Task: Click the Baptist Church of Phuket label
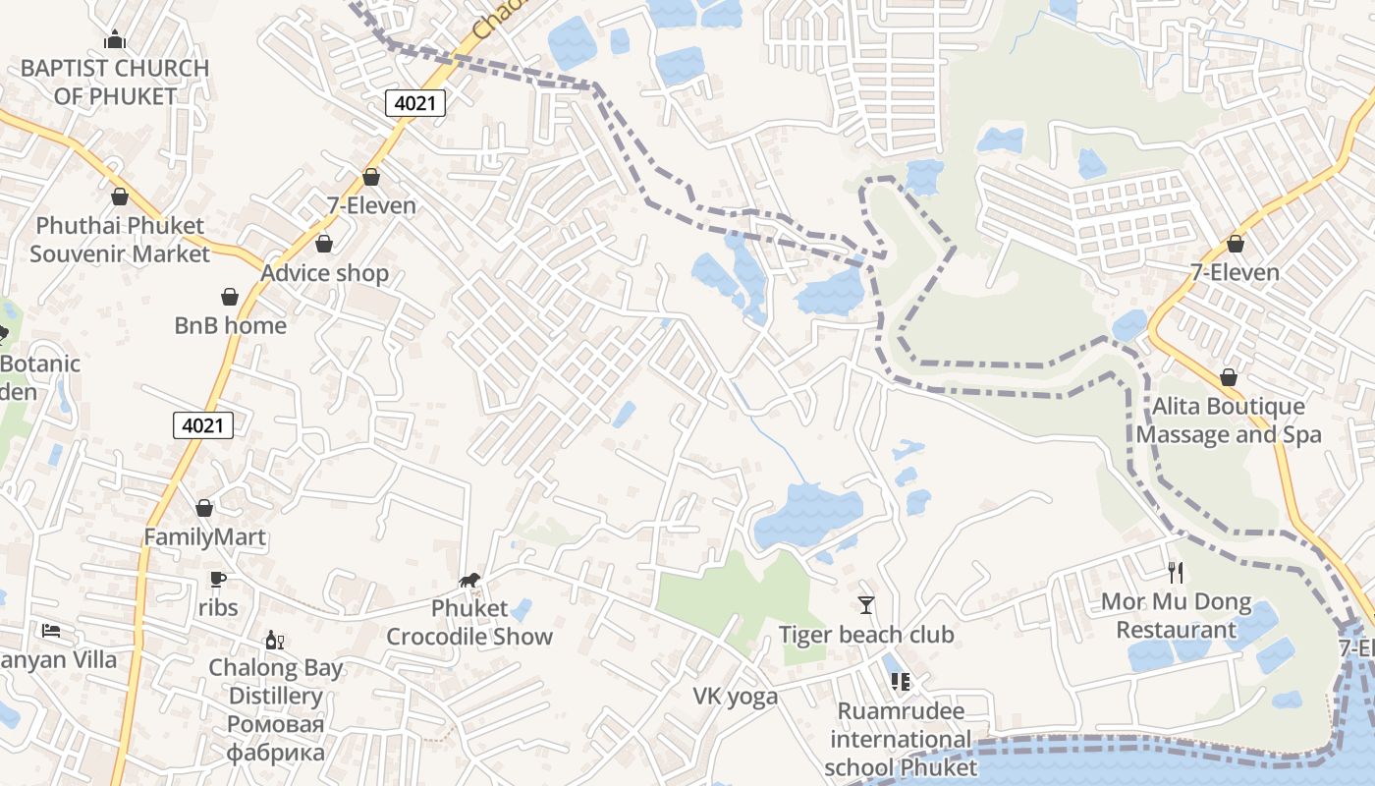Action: pyautogui.click(x=115, y=83)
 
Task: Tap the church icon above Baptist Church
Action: pyautogui.click(x=115, y=40)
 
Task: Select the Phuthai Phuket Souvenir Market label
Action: pyautogui.click(x=120, y=240)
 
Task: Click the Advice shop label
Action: pyautogui.click(x=324, y=273)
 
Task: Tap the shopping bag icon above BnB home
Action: pyautogui.click(x=230, y=297)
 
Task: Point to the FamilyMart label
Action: pyautogui.click(x=204, y=537)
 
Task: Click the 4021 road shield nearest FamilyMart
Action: pyautogui.click(x=203, y=425)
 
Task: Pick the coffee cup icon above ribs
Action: pyautogui.click(x=218, y=580)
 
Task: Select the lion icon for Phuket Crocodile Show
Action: pyautogui.click(x=470, y=582)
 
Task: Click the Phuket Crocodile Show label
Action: pyautogui.click(x=469, y=623)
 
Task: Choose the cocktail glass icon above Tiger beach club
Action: pyautogui.click(x=865, y=604)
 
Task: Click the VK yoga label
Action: pyautogui.click(x=736, y=697)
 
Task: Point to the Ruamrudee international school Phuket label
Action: pyautogui.click(x=901, y=739)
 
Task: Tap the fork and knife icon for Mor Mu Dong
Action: pyautogui.click(x=1176, y=572)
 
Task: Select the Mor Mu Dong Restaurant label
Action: pyautogui.click(x=1176, y=616)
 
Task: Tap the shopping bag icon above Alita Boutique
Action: pyautogui.click(x=1228, y=377)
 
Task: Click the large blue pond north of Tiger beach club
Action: pyautogui.click(x=807, y=516)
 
